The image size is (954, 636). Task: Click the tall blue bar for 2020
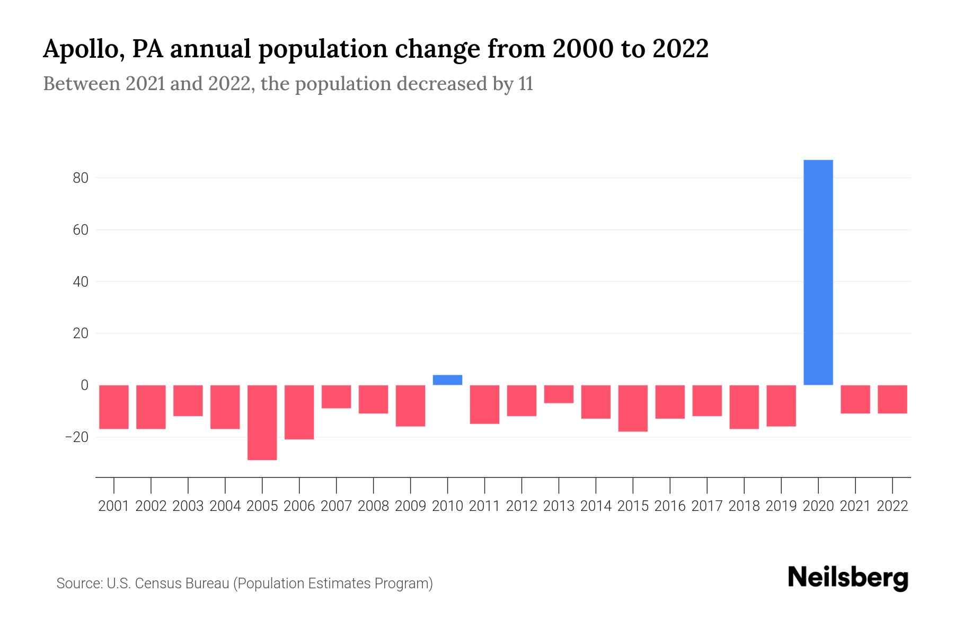coord(818,272)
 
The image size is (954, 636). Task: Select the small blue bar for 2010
coord(447,380)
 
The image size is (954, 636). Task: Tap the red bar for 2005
coord(262,422)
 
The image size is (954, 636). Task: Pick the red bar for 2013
coord(559,394)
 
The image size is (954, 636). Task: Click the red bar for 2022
coord(892,399)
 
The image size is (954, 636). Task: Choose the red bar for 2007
coord(336,396)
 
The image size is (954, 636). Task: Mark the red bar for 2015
coord(633,408)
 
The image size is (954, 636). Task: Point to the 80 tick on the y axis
coord(81,178)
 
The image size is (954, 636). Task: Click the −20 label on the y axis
coord(76,437)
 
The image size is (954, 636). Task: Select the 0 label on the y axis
coord(84,385)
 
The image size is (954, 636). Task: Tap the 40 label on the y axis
coord(81,281)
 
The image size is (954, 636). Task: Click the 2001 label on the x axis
coord(114,506)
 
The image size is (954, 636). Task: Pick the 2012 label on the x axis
coord(522,506)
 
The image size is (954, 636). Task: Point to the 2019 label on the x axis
coord(781,506)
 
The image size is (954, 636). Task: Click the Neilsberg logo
coord(848,578)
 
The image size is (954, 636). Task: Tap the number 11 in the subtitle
coord(526,84)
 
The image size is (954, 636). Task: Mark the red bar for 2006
coord(299,412)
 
